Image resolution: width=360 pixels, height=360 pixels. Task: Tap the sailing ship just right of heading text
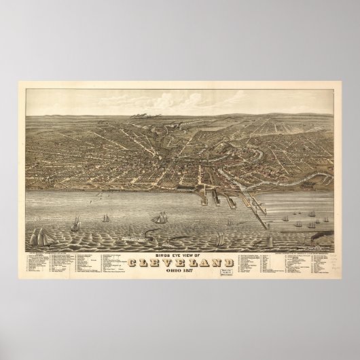(x=221, y=240)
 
